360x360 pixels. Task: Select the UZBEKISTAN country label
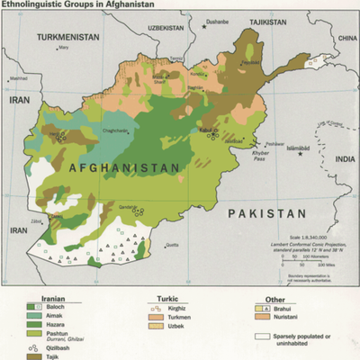(165, 29)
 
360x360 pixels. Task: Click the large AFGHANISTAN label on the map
(123, 168)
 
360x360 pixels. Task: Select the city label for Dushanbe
(216, 20)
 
